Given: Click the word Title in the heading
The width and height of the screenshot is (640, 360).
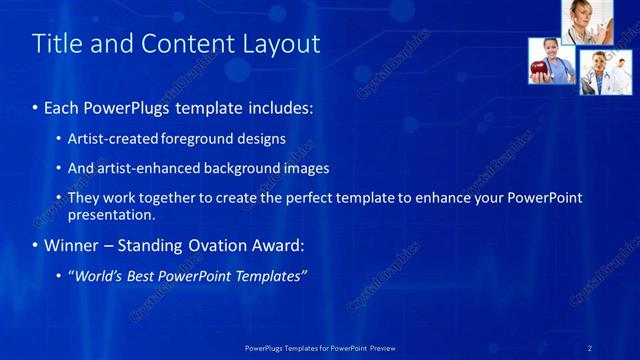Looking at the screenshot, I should coord(54,44).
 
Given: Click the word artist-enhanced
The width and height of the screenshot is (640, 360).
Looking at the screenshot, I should coord(138,169).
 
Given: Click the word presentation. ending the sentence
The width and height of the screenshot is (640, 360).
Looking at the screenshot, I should coord(111,214).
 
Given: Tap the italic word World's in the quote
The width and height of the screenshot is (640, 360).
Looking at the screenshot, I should coord(99,276).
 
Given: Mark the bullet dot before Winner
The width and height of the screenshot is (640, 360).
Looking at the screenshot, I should coord(36,246).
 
